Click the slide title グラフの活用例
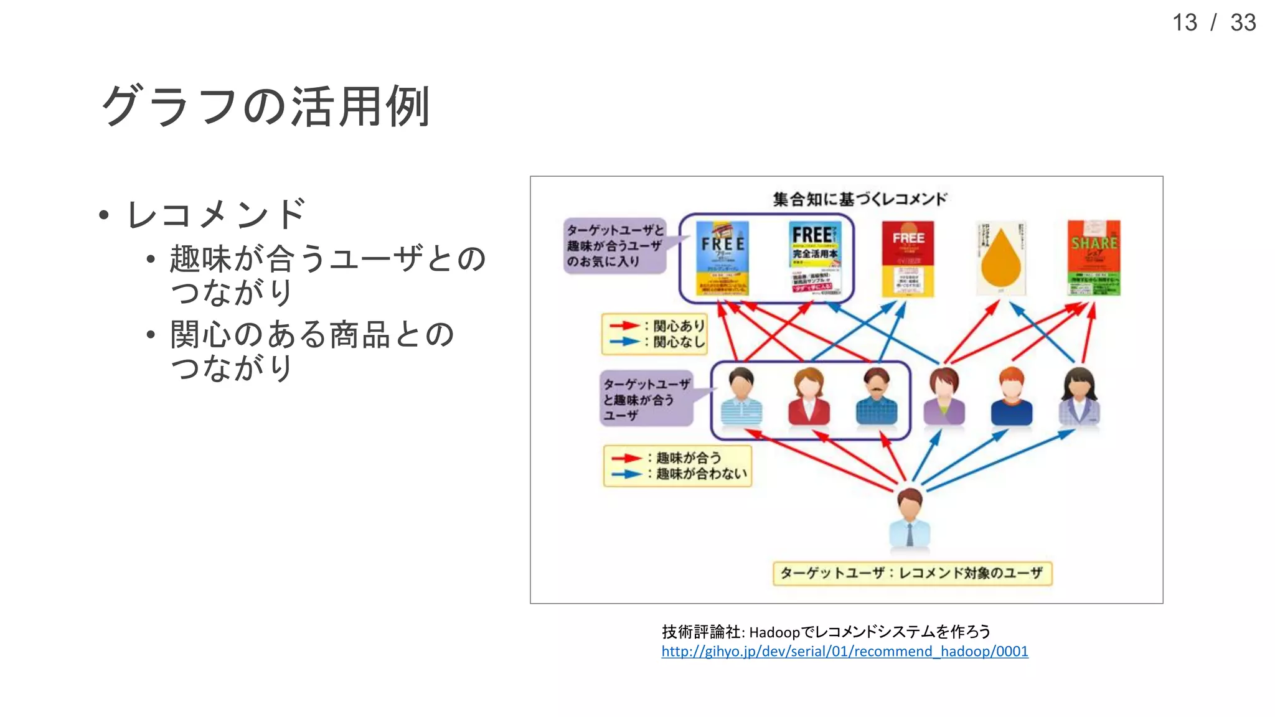[x=266, y=106]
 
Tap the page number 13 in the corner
[x=1184, y=23]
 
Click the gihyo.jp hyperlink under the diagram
[x=844, y=652]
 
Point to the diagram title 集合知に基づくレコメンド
[x=859, y=199]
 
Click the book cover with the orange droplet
[x=1000, y=258]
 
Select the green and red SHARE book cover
[x=1094, y=258]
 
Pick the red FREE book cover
[x=908, y=259]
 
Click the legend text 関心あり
[x=679, y=326]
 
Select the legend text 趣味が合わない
[x=701, y=474]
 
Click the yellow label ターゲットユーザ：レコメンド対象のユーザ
[x=912, y=573]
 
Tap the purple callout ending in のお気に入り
[x=615, y=246]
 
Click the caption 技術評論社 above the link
[x=702, y=632]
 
